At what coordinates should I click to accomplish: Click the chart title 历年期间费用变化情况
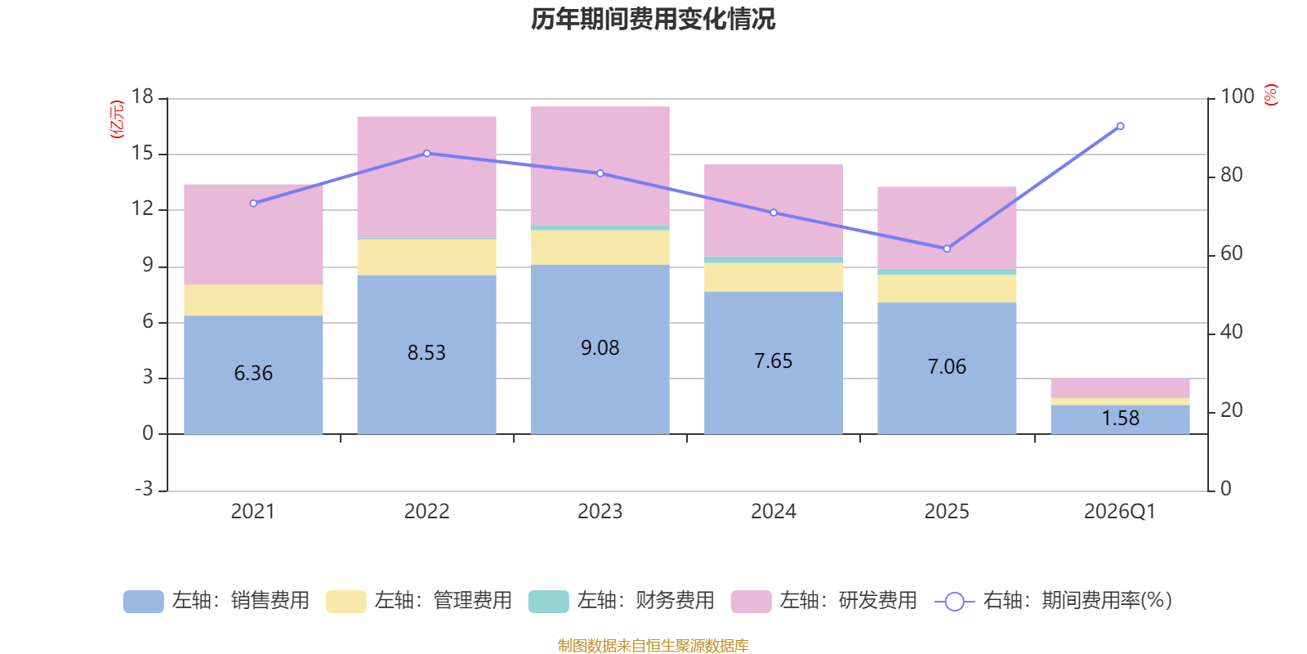coord(653,20)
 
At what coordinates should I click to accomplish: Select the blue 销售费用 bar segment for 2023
coord(600,349)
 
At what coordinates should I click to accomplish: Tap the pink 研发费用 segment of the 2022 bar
coord(426,177)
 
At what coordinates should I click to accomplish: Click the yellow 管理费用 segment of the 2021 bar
coord(253,300)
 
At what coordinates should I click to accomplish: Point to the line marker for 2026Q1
coord(1120,126)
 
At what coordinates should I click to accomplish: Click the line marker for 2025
coord(947,249)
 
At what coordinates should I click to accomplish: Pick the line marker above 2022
coord(426,154)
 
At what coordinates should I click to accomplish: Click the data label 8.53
coord(426,352)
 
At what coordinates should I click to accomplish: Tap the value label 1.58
coord(1120,418)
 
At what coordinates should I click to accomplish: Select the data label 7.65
coord(773,361)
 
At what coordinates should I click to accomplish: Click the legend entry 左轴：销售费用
coord(216,601)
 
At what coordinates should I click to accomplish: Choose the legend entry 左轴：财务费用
coord(622,601)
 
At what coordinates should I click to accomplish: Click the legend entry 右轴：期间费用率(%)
coord(1053,601)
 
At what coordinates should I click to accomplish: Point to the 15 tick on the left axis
coord(142,153)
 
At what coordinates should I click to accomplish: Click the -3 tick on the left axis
coord(144,488)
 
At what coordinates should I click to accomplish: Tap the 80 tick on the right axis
coord(1231,175)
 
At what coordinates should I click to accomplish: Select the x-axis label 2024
coord(773,512)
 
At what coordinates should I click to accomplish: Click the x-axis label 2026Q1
coord(1120,512)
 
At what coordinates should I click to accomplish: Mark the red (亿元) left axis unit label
coord(117,119)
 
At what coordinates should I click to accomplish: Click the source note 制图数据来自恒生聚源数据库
coord(653,645)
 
